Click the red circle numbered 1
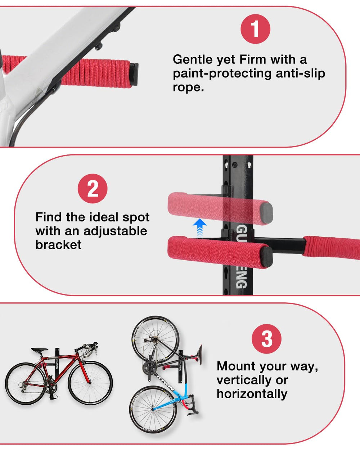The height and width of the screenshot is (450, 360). click(255, 29)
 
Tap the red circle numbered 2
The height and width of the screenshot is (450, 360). click(93, 188)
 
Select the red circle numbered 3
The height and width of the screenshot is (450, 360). click(266, 339)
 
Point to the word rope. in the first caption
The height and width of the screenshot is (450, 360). click(188, 87)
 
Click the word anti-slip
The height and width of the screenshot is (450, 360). click(300, 73)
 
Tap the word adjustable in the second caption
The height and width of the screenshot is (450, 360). click(115, 231)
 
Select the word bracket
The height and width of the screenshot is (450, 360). click(58, 244)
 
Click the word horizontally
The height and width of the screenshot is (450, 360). click(252, 394)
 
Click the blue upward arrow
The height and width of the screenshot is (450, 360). click(200, 228)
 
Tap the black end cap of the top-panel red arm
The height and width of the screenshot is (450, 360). click(134, 74)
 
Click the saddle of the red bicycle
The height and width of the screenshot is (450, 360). click(40, 350)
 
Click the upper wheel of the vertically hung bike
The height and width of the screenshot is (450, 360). click(155, 339)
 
